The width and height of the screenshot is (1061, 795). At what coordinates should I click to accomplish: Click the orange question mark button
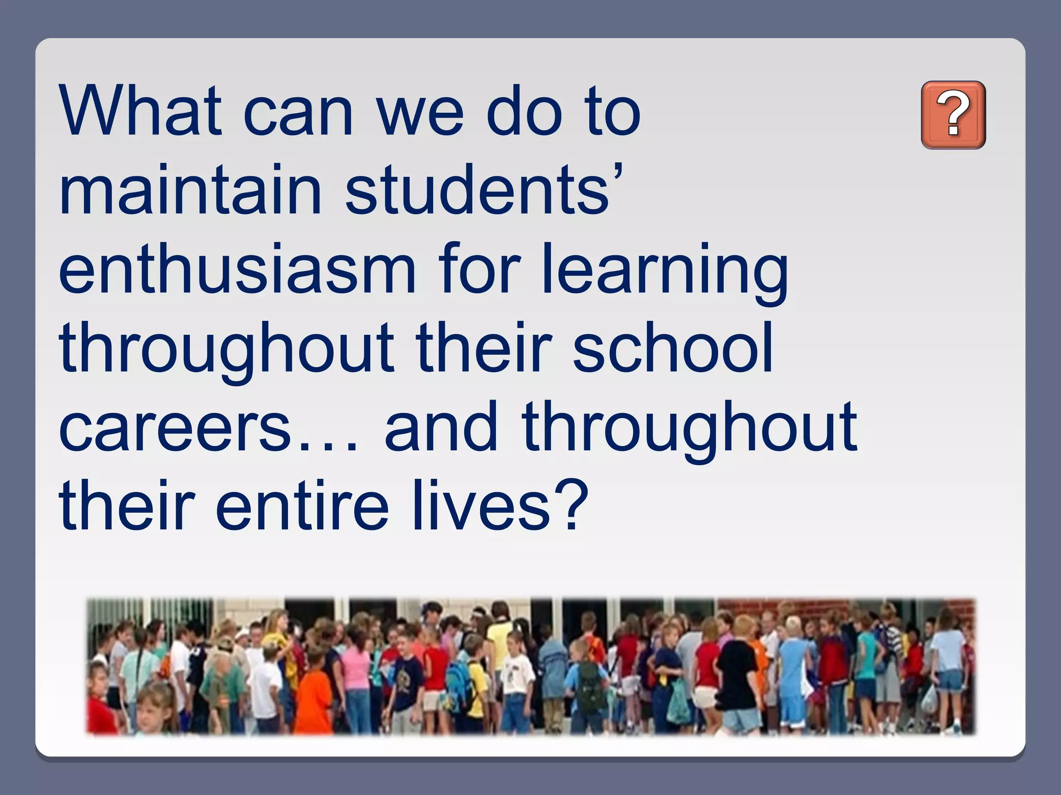pos(953,115)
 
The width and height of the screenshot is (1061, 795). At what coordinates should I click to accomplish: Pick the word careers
pos(176,428)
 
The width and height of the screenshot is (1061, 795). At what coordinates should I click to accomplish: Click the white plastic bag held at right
pos(928,699)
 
